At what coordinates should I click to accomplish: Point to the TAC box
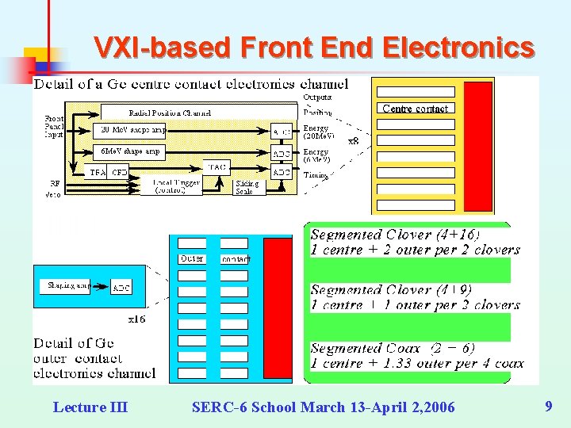click(217, 167)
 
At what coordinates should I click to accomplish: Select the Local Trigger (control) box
click(170, 186)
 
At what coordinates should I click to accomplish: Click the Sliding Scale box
click(247, 187)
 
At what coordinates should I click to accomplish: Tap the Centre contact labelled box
click(415, 109)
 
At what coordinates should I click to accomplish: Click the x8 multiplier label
click(354, 141)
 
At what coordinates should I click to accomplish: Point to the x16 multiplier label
click(136, 319)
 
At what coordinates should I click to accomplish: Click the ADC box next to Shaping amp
click(121, 287)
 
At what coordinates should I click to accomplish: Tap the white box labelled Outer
click(192, 258)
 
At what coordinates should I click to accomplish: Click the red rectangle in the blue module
click(278, 309)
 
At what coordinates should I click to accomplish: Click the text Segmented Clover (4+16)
click(394, 235)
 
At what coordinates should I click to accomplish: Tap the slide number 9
click(548, 407)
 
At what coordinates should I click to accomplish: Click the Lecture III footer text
click(90, 407)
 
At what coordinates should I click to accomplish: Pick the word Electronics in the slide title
click(458, 48)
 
